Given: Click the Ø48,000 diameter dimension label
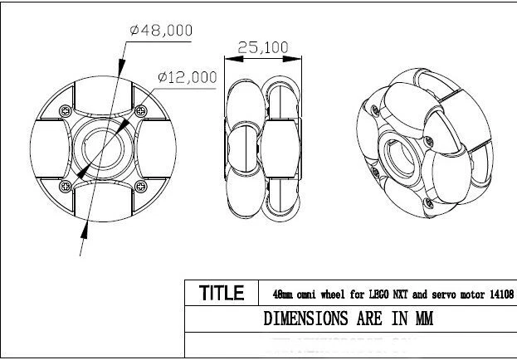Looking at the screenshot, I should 161,30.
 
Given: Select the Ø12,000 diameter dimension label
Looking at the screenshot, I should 187,77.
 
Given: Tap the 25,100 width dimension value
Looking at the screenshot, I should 263,47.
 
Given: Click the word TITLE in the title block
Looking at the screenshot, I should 222,293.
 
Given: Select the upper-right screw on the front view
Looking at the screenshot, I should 139,110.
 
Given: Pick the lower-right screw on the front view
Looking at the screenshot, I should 139,183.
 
